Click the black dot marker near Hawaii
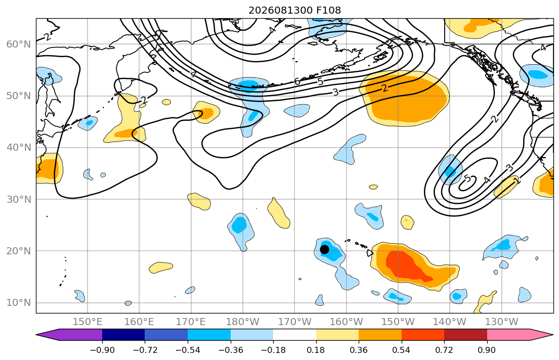pyautogui.click(x=324, y=249)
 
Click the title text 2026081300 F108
pyautogui.click(x=294, y=10)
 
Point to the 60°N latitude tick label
pyautogui.click(x=19, y=44)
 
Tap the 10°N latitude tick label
pyautogui.click(x=19, y=303)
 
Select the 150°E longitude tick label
pyautogui.click(x=88, y=322)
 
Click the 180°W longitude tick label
pyautogui.click(x=243, y=322)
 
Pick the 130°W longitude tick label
pyautogui.click(x=502, y=322)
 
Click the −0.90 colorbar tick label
pyautogui.click(x=102, y=350)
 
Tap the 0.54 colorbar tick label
pyautogui.click(x=402, y=350)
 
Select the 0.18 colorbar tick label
pyautogui.click(x=316, y=350)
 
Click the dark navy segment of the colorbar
pyautogui.click(x=123, y=335)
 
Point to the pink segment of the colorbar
pyautogui.click(x=508, y=335)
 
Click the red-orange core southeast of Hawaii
pyautogui.click(x=410, y=265)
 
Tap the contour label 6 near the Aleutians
pyautogui.click(x=297, y=81)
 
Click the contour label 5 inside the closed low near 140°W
pyautogui.click(x=467, y=178)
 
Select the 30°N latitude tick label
pyautogui.click(x=19, y=199)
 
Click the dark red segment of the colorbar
pyautogui.click(x=465, y=335)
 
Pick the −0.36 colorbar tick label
pyautogui.click(x=230, y=350)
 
